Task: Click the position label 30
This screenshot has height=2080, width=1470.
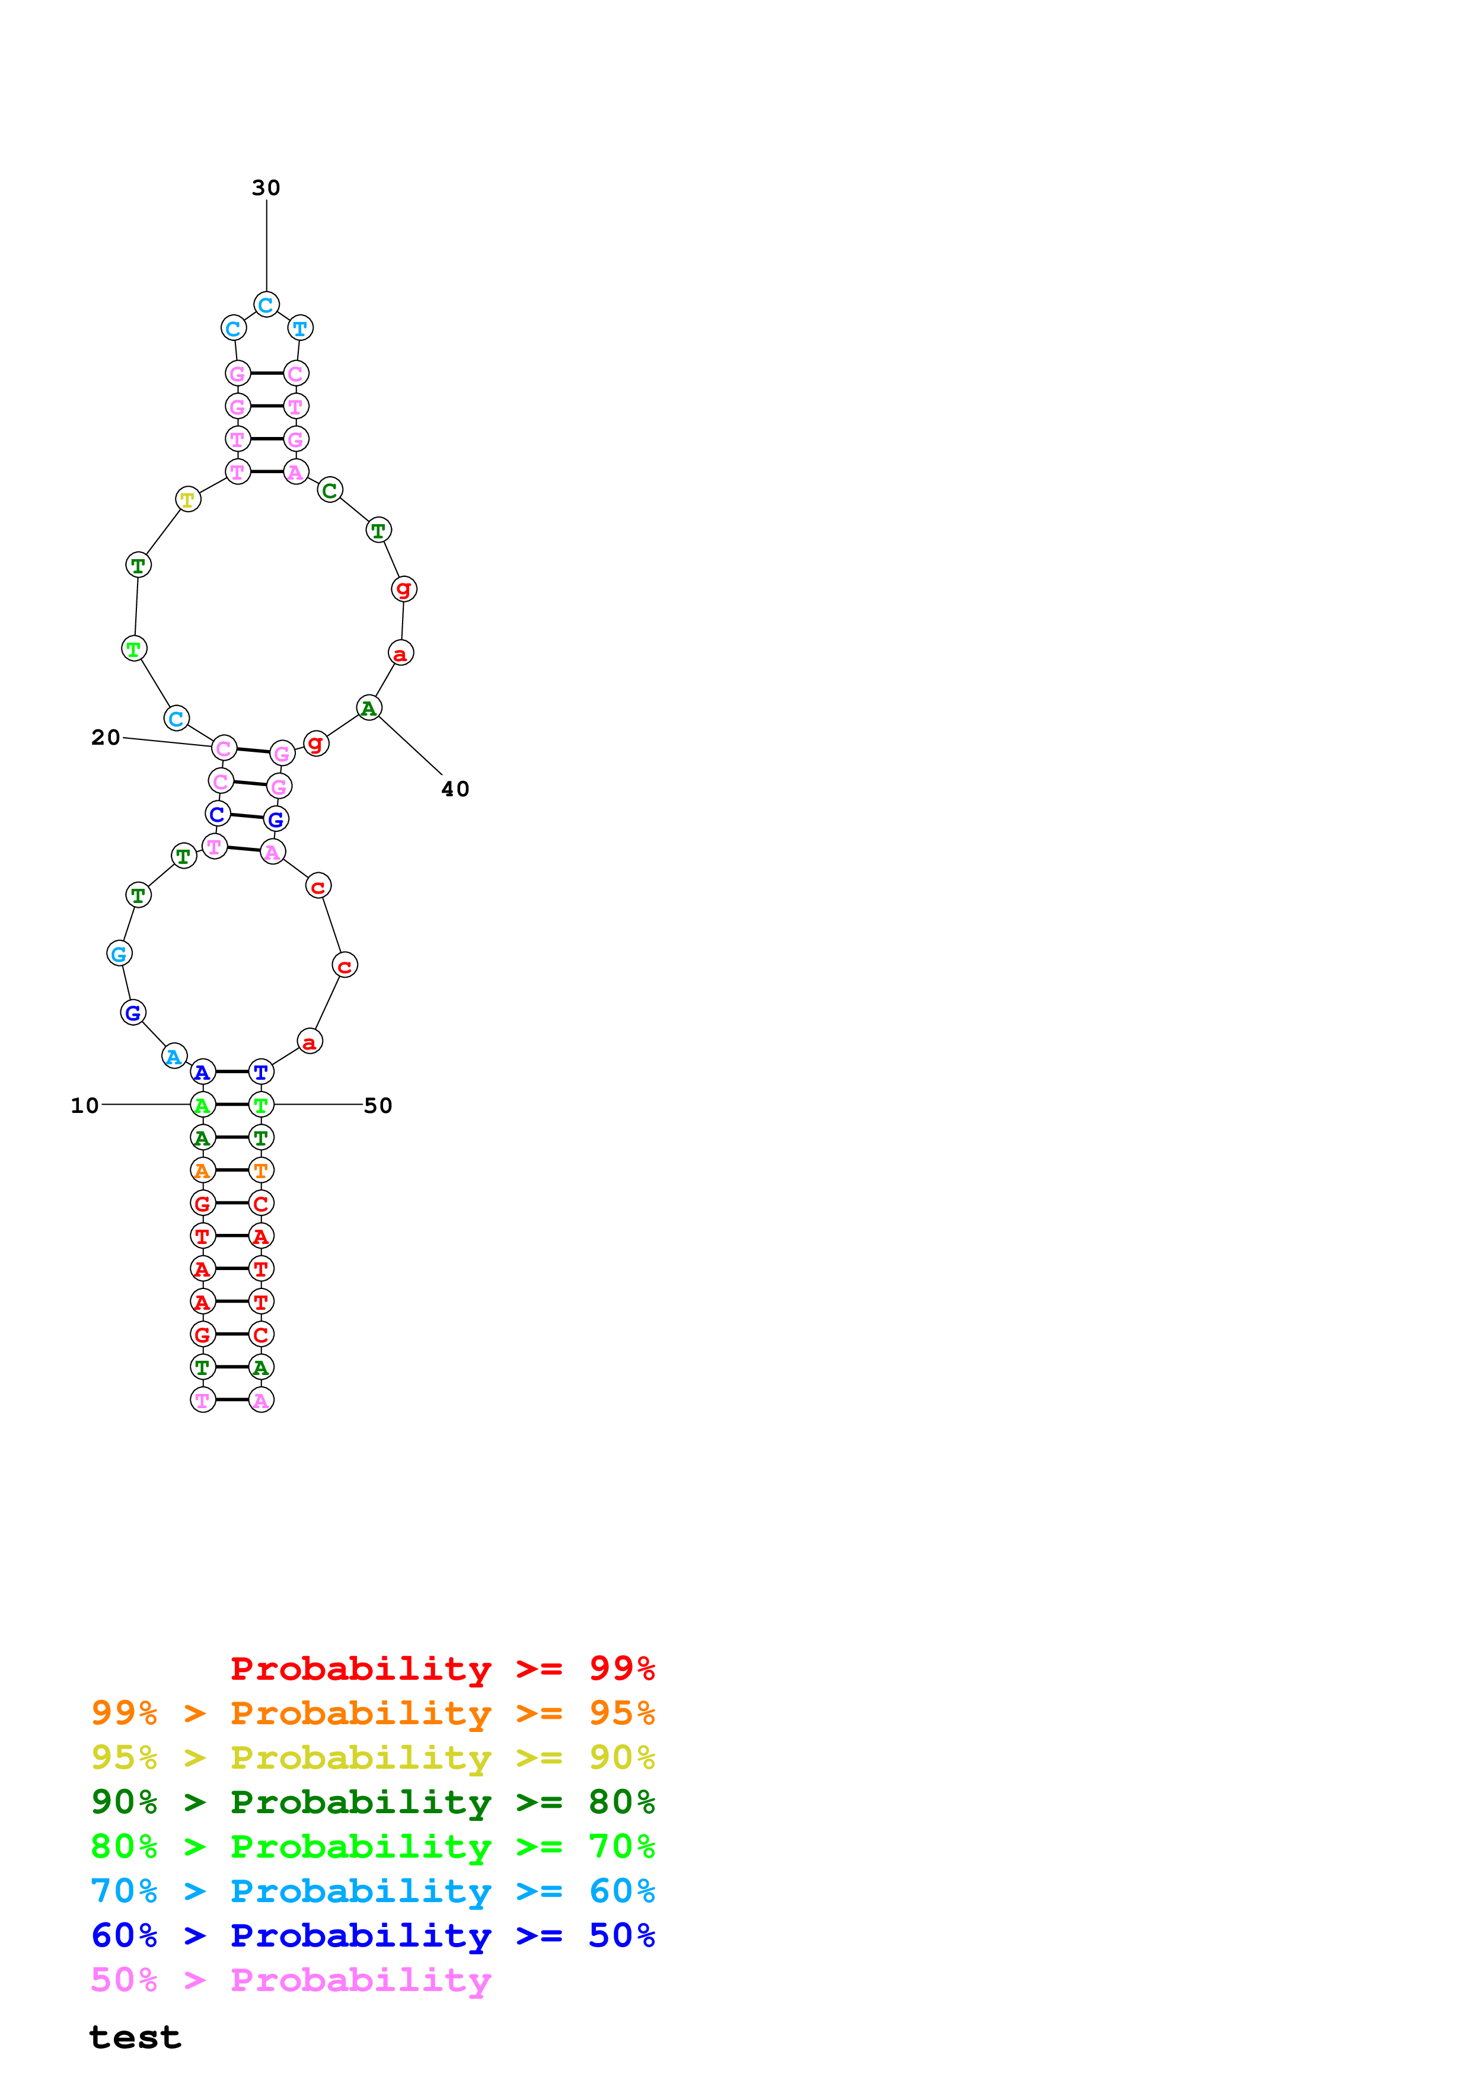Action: [266, 187]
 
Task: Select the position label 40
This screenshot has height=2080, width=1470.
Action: [455, 789]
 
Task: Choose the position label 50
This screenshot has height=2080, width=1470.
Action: [378, 1105]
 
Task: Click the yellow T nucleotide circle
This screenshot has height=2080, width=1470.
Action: [187, 499]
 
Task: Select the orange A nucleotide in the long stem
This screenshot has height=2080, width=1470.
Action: [203, 1170]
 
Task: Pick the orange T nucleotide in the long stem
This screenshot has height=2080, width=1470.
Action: [261, 1170]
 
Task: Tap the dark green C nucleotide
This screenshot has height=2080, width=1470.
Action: [330, 490]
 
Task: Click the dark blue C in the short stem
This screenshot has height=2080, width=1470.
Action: [218, 814]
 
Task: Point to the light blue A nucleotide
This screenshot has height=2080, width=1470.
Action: [174, 1057]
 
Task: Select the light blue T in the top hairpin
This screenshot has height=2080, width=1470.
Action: [300, 328]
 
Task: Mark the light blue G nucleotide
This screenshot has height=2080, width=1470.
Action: [119, 953]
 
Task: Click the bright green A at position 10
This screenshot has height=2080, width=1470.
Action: [203, 1105]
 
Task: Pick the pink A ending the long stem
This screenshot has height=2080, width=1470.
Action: [261, 1400]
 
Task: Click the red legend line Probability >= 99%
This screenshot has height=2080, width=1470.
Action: [442, 1669]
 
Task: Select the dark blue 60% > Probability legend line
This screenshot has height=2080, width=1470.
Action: [372, 1936]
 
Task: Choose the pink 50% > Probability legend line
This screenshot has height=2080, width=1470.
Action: [291, 1980]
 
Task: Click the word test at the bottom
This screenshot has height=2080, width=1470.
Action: [135, 2037]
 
